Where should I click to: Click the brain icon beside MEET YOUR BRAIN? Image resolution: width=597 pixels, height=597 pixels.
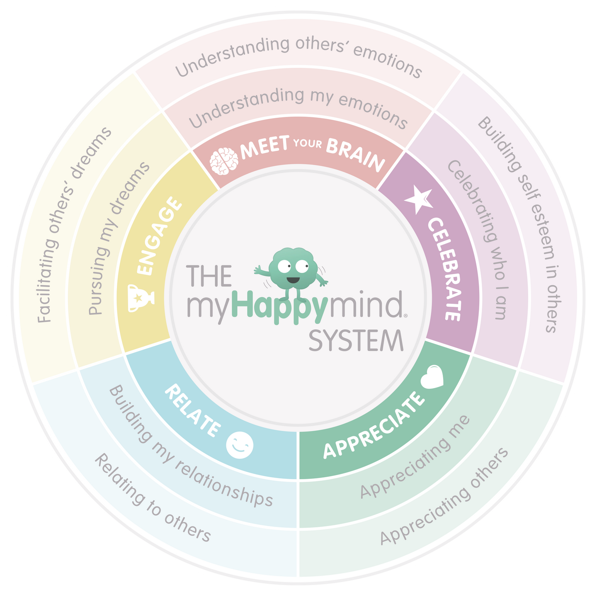[x=224, y=161]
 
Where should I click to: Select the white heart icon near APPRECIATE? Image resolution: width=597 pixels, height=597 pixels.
[x=432, y=377]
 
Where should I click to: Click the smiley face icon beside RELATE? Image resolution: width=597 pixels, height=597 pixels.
[x=240, y=445]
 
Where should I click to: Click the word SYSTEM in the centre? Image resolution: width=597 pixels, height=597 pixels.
[x=356, y=341]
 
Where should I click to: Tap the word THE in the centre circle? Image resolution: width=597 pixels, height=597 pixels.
[x=209, y=276]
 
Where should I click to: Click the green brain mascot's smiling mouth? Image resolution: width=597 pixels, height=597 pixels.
[x=293, y=280]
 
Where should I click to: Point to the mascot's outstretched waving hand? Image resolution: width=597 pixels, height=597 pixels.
[x=257, y=271]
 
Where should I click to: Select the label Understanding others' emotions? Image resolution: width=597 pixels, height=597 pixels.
[x=298, y=56]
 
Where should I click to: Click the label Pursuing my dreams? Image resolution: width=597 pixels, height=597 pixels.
[x=119, y=238]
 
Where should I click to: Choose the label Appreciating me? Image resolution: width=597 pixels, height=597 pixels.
[x=415, y=456]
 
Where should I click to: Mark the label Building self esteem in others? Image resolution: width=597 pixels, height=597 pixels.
[x=520, y=224]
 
